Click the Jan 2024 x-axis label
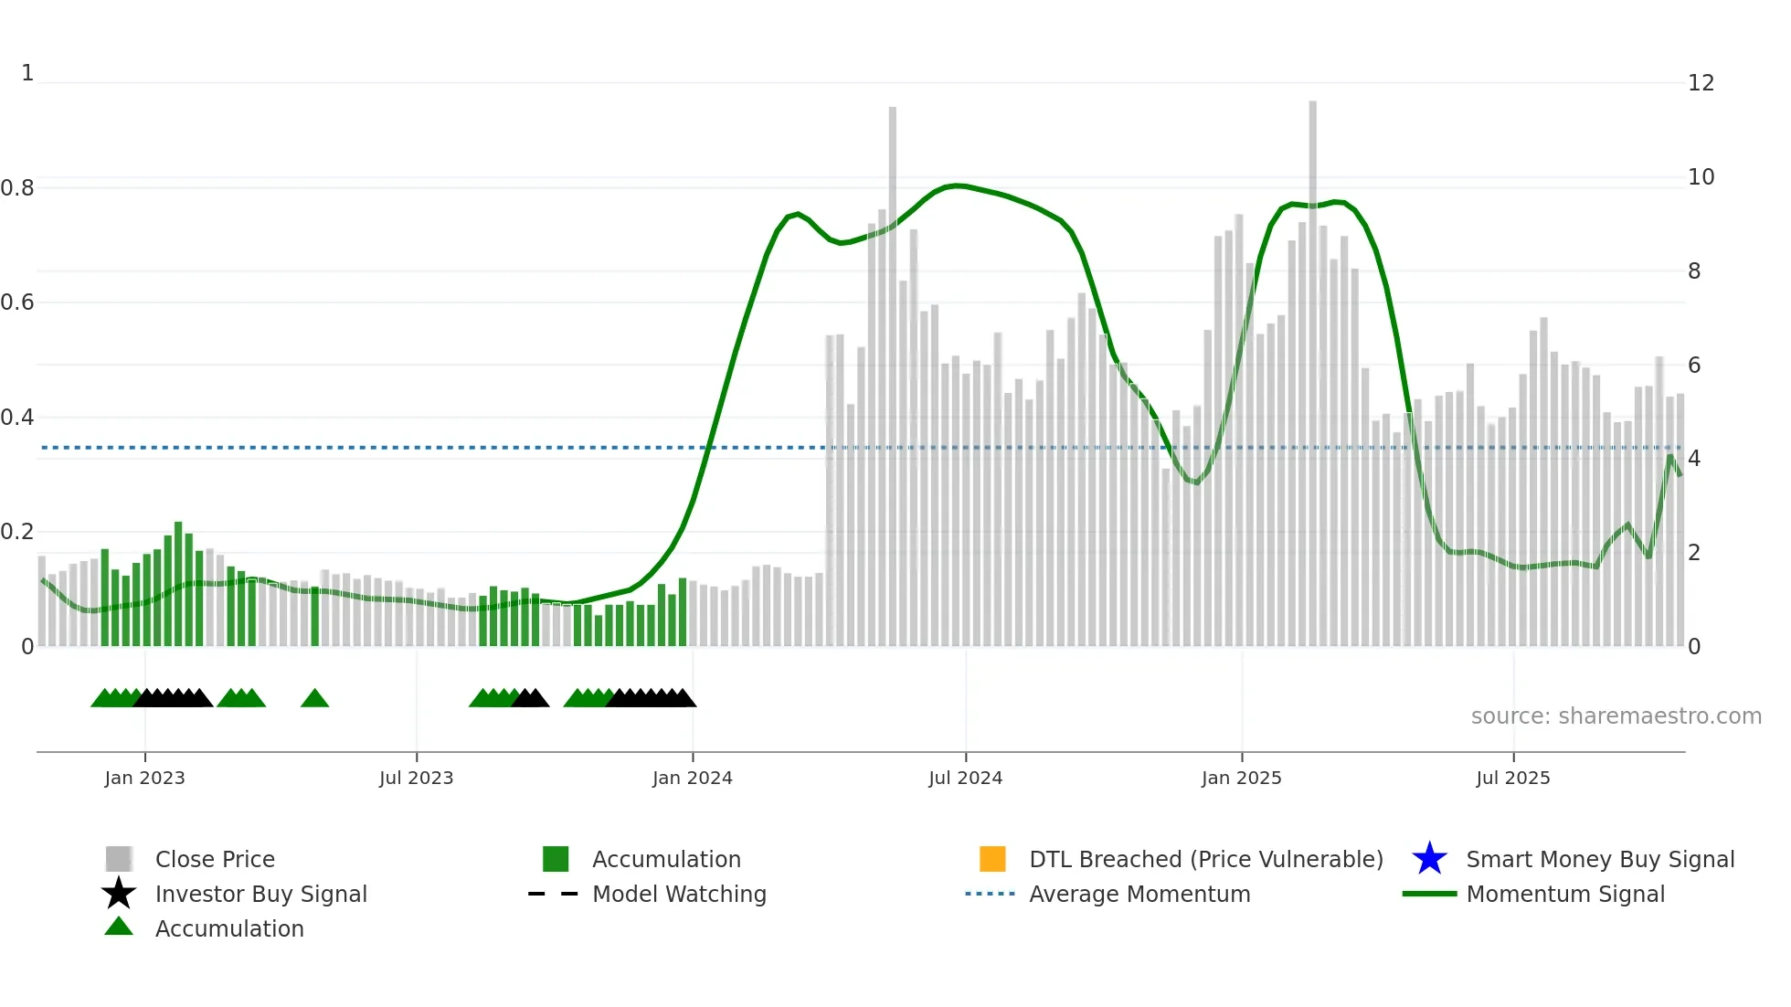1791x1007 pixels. point(692,778)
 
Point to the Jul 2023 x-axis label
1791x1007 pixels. point(416,778)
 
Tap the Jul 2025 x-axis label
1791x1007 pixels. point(1512,778)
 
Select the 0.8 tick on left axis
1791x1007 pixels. point(17,188)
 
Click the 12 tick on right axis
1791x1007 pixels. point(1701,83)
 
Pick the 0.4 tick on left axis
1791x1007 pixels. point(17,418)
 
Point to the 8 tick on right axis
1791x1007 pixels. point(1694,271)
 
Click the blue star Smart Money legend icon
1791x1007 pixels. point(1429,859)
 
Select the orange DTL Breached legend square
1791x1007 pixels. point(992,859)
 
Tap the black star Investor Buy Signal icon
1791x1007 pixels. point(119,894)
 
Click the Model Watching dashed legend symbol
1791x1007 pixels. point(554,894)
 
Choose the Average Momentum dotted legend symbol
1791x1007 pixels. point(991,894)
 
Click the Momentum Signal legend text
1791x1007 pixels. point(1564,894)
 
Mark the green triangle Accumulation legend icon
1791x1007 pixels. point(119,927)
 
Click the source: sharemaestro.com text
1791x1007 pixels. point(1616,716)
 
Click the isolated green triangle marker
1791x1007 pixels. point(314,699)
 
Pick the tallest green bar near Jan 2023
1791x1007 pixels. point(178,585)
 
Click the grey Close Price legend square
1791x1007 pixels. point(119,859)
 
